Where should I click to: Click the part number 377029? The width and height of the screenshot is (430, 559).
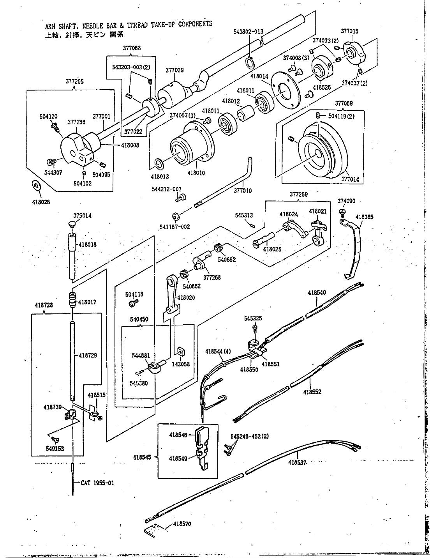(174, 71)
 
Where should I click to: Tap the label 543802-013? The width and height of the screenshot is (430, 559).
(248, 32)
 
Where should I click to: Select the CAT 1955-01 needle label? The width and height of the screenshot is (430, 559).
(98, 483)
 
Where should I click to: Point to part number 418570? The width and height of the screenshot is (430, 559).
(182, 524)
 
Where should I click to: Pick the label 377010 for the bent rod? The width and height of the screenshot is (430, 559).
(243, 191)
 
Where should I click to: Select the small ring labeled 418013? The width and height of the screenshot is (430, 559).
(159, 162)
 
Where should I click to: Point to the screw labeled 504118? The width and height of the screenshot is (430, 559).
(133, 302)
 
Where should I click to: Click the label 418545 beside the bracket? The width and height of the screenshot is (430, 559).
(145, 456)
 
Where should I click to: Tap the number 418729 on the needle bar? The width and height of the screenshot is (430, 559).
(88, 356)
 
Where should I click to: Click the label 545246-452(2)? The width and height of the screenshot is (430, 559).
(249, 436)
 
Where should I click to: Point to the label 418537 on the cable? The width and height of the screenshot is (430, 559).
(298, 463)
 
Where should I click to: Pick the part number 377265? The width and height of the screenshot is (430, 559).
(74, 82)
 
